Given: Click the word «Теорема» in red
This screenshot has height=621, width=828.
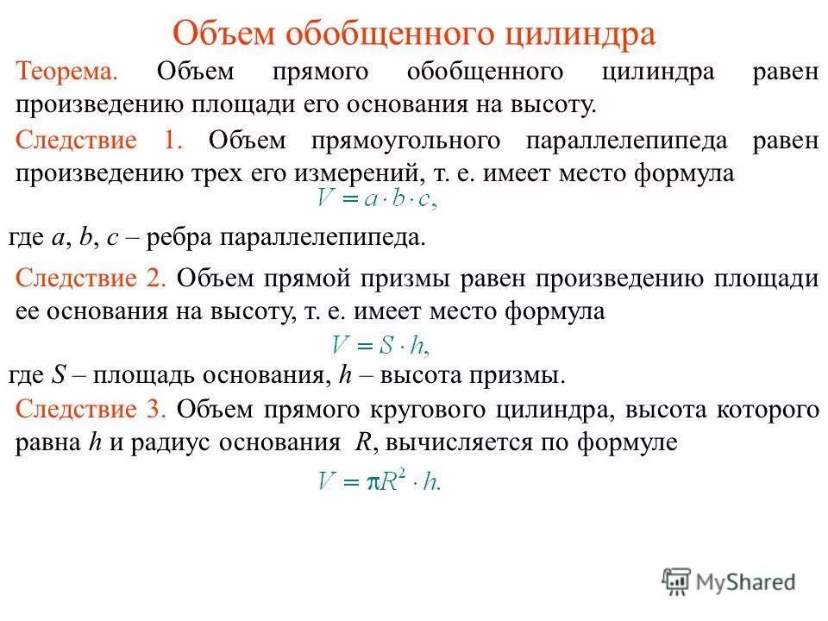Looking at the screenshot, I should (x=68, y=72).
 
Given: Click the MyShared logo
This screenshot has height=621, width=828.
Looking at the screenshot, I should (x=729, y=580).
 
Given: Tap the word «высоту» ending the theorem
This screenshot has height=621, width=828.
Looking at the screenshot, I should (x=552, y=105).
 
